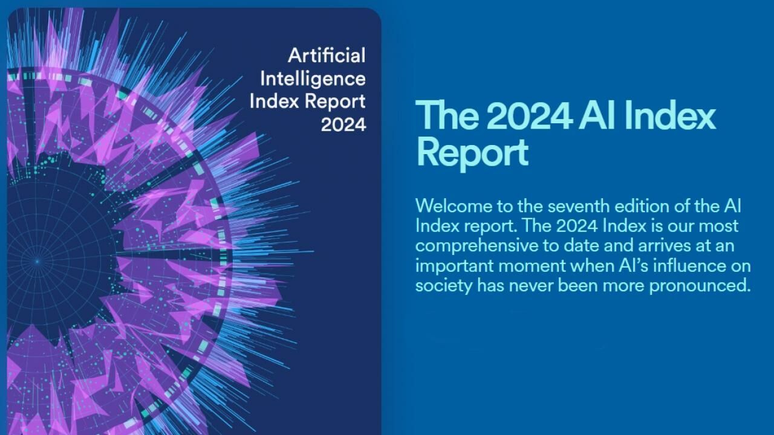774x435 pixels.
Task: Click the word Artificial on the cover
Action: coord(327,55)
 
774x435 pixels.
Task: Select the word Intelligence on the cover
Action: coord(313,79)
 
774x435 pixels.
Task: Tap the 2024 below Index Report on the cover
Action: coord(343,124)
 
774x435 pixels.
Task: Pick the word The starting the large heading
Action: coord(447,115)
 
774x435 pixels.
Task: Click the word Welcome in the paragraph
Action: coord(454,206)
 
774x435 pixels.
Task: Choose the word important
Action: coord(454,266)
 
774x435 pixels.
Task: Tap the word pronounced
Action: coord(700,286)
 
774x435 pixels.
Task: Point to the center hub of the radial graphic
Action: coord(37,262)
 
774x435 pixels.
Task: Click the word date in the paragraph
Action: coord(581,246)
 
